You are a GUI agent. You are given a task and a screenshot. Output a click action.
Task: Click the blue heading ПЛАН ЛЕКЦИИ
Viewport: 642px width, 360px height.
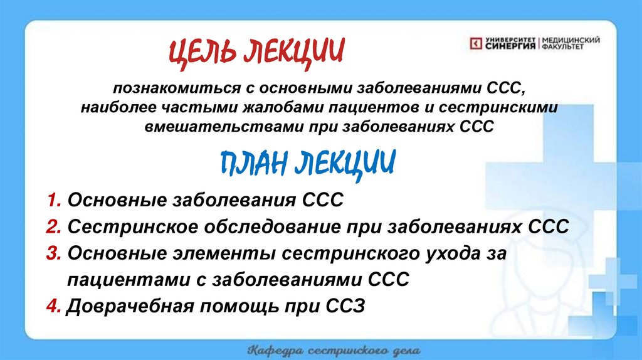pyautogui.click(x=308, y=164)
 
